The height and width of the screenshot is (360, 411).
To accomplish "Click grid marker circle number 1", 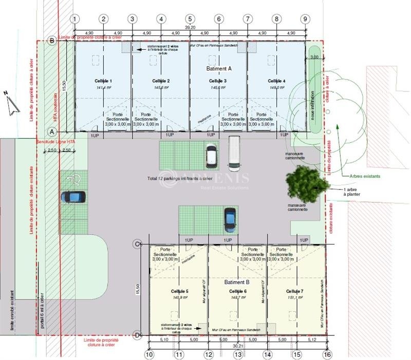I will pyautogui.click(x=75, y=19).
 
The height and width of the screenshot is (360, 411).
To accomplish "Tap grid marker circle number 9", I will pyautogui.click(x=306, y=19).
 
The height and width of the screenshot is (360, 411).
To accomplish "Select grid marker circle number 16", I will pyautogui.click(x=327, y=354).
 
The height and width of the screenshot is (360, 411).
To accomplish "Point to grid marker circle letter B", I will pyautogui.click(x=51, y=41).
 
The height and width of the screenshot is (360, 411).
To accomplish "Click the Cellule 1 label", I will pyautogui.click(x=103, y=81).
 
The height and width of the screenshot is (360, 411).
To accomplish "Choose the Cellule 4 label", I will pyautogui.click(x=276, y=81).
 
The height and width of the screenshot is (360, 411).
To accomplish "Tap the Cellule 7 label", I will pyautogui.click(x=295, y=291).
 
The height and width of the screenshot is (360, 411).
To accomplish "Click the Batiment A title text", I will pyautogui.click(x=219, y=68).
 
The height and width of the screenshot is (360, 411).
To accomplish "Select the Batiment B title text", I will pyautogui.click(x=237, y=282).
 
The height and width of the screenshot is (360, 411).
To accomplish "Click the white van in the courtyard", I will pyautogui.click(x=234, y=153).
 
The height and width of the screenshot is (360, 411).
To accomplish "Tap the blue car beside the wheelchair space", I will pyautogui.click(x=73, y=197).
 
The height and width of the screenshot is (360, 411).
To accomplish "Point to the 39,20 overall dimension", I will pyautogui.click(x=191, y=27).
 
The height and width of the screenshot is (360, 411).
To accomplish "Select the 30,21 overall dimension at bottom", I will pyautogui.click(x=238, y=346).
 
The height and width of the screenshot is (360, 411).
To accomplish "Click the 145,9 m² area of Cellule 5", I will pyautogui.click(x=179, y=297).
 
